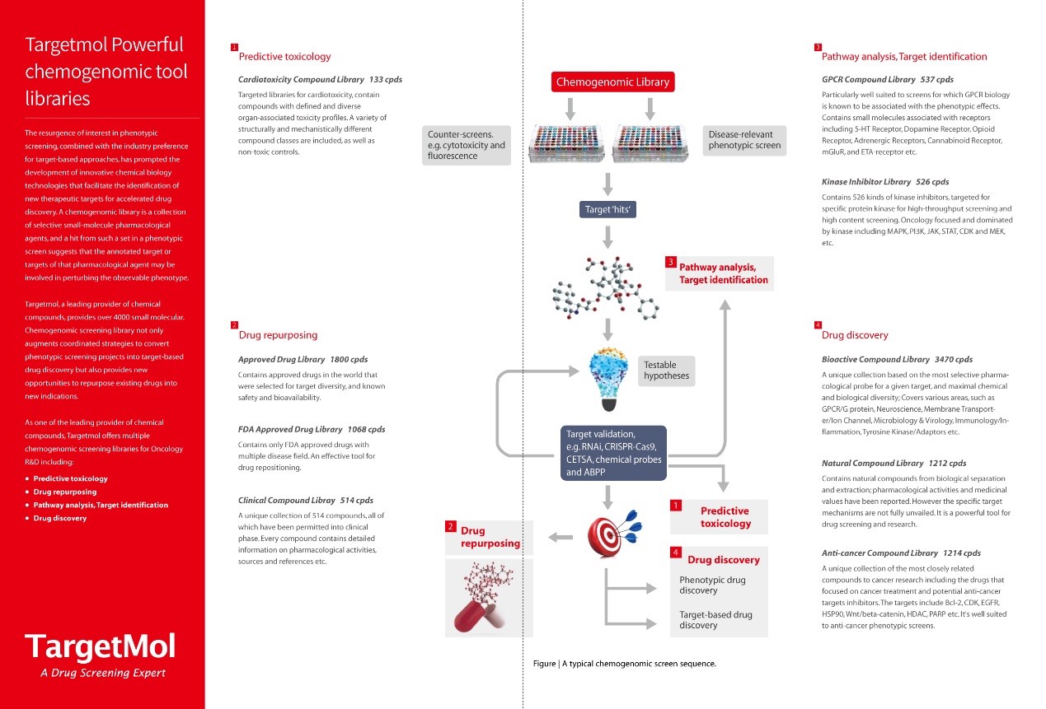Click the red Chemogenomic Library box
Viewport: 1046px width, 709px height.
tap(612, 82)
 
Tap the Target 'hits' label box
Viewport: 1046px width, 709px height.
tap(607, 210)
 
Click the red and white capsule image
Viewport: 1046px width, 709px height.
tap(489, 599)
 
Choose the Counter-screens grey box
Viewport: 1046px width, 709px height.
tap(467, 145)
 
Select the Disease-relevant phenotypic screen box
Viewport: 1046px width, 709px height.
tap(744, 140)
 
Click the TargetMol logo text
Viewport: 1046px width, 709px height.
tap(100, 646)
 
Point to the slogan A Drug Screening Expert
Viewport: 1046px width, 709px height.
tap(103, 673)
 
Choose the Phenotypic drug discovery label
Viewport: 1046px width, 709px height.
tap(712, 585)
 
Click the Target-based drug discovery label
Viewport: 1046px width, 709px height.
tap(715, 619)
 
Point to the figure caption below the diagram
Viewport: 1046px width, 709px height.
tap(624, 664)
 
